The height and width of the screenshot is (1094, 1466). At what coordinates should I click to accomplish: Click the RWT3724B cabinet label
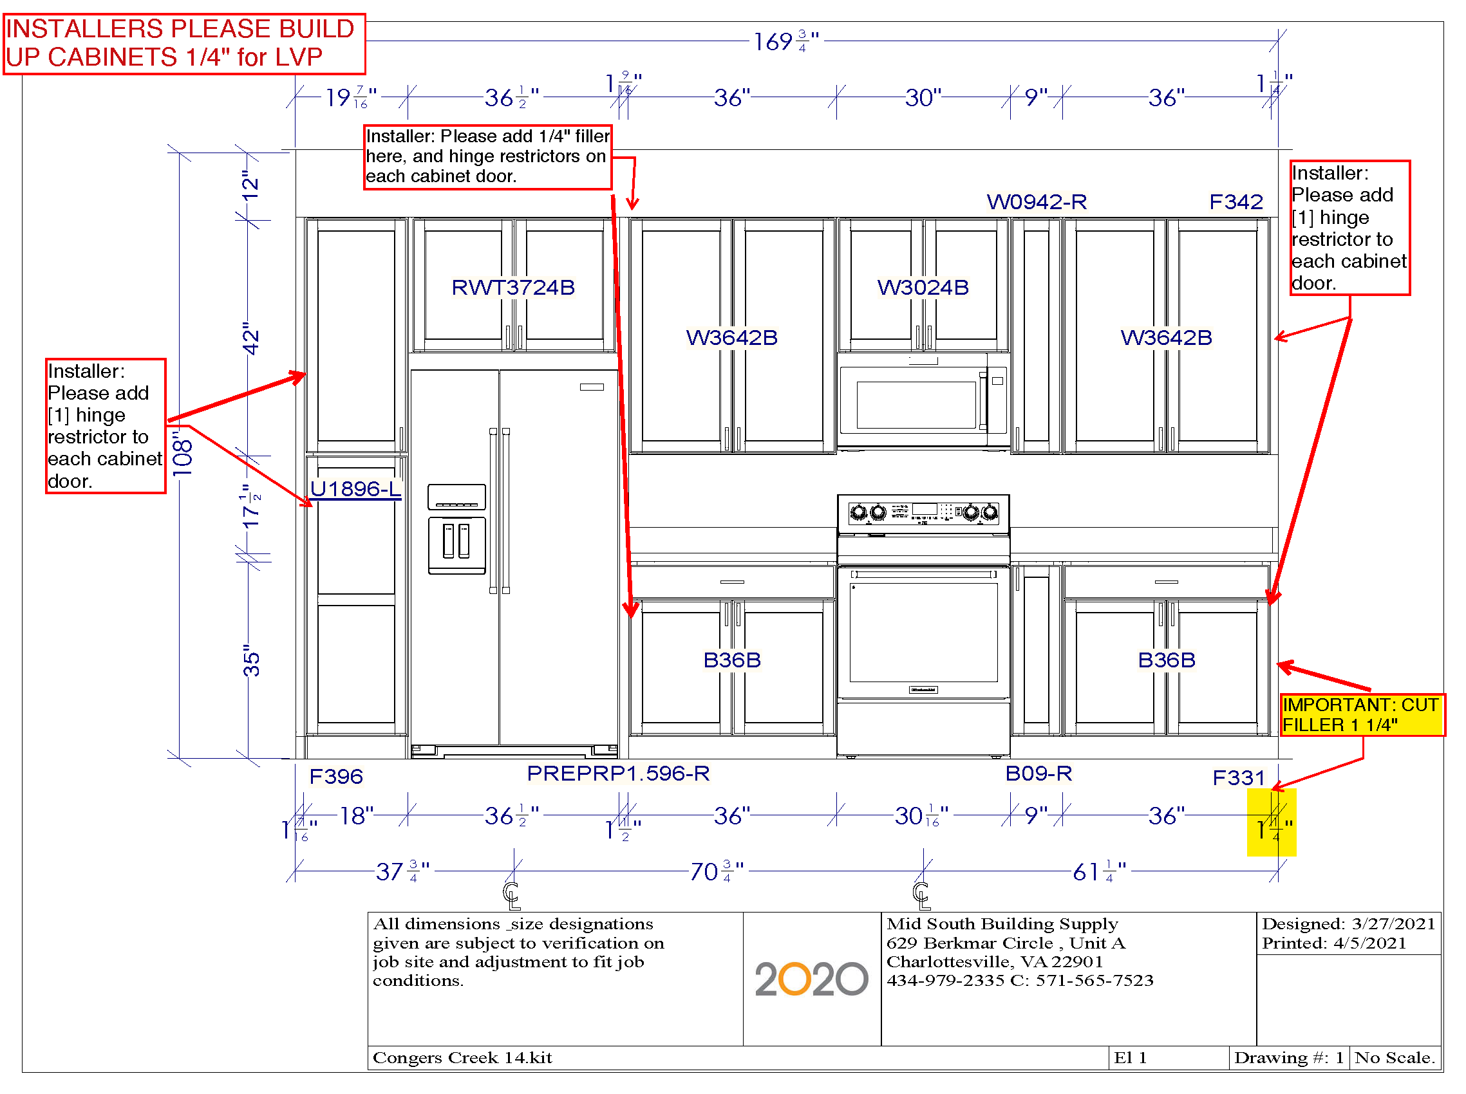(512, 287)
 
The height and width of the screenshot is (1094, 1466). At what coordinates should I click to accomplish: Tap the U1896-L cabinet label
(355, 488)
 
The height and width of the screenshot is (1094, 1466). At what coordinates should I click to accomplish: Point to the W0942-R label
(1035, 201)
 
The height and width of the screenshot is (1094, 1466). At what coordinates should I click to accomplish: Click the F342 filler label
(1235, 201)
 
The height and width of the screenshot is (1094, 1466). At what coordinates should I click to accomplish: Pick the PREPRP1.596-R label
(617, 772)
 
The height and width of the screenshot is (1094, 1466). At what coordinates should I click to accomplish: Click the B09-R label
(1037, 772)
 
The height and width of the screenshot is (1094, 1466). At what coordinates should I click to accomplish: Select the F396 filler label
(336, 775)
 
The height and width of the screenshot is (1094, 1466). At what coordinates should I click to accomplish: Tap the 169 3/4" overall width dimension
(785, 41)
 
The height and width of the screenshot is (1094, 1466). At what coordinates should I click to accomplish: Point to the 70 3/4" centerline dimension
(716, 871)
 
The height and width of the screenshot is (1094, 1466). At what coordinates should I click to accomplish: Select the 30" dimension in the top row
(922, 97)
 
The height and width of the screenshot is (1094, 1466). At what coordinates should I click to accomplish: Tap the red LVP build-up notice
(183, 43)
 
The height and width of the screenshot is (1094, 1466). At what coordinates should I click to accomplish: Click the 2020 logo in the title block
(810, 978)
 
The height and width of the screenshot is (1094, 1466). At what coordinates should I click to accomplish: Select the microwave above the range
(922, 400)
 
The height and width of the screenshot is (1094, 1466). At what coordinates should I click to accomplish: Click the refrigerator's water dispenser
(456, 544)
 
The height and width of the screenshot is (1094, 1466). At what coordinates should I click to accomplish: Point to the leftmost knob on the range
(858, 512)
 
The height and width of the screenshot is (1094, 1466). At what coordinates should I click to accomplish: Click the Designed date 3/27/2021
(1347, 923)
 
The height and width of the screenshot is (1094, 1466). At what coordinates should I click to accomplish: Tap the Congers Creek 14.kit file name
(462, 1057)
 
